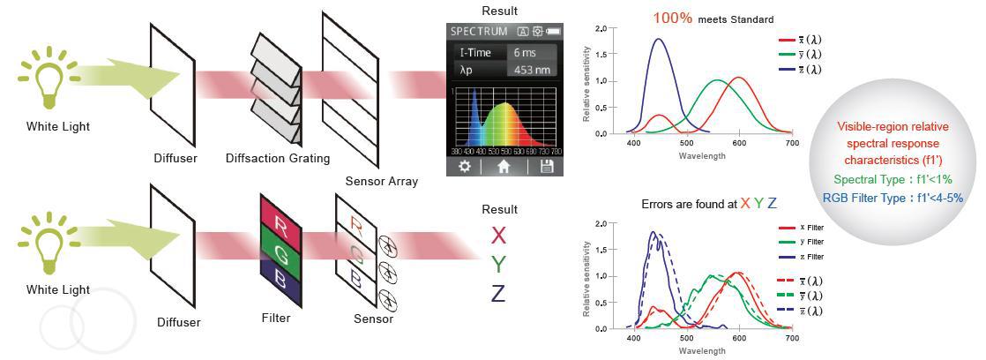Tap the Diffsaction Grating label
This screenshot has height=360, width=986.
click(x=278, y=159)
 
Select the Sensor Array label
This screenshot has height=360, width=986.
click(x=382, y=182)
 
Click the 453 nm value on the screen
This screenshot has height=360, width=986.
click(x=532, y=71)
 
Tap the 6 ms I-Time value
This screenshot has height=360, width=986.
click(x=524, y=52)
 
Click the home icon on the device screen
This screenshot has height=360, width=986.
click(x=504, y=166)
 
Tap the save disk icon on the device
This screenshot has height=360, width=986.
click(x=546, y=166)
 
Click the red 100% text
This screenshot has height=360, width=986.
click(x=673, y=19)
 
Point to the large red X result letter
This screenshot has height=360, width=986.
click(x=498, y=236)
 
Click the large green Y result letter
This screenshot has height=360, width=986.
click(x=498, y=264)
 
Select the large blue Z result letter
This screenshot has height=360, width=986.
click(x=498, y=293)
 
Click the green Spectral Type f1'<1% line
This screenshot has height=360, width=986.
click(x=892, y=179)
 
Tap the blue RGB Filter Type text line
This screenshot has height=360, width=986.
click(x=892, y=198)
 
